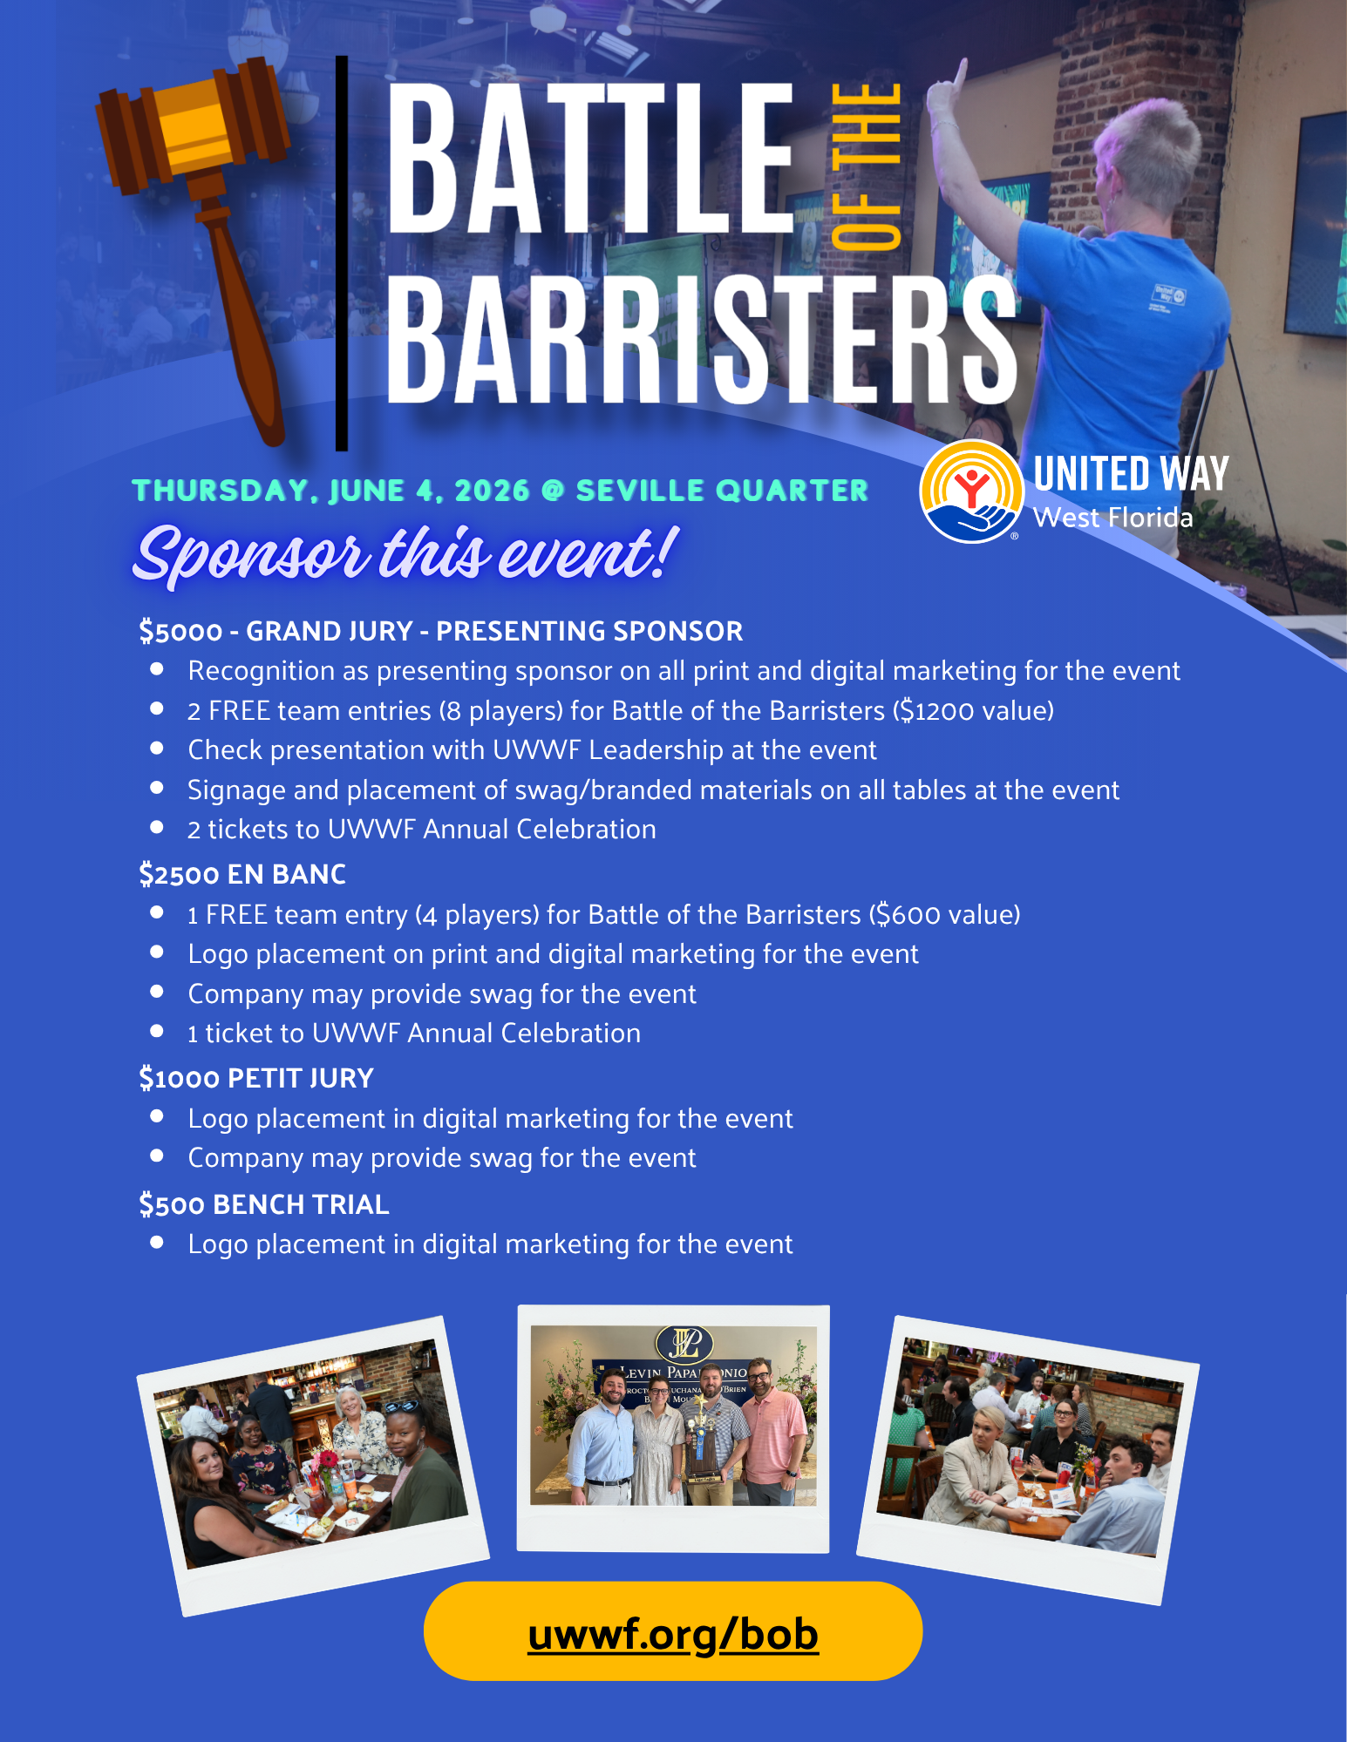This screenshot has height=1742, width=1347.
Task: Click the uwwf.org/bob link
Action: coord(673,1634)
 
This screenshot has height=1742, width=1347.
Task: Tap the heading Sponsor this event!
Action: coord(405,554)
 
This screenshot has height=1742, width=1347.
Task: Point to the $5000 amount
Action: coord(180,631)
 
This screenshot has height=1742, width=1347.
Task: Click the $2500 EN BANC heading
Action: coord(242,874)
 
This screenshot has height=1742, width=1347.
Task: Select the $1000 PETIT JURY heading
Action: coord(256,1078)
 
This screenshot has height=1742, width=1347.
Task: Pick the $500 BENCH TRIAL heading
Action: coord(263,1204)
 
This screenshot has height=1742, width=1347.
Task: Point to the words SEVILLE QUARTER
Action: coord(722,491)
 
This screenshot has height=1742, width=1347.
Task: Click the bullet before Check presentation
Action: coord(157,749)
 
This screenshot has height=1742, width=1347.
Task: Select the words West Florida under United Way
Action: coord(1112,518)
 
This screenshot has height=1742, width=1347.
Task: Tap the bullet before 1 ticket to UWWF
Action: coord(157,1032)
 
